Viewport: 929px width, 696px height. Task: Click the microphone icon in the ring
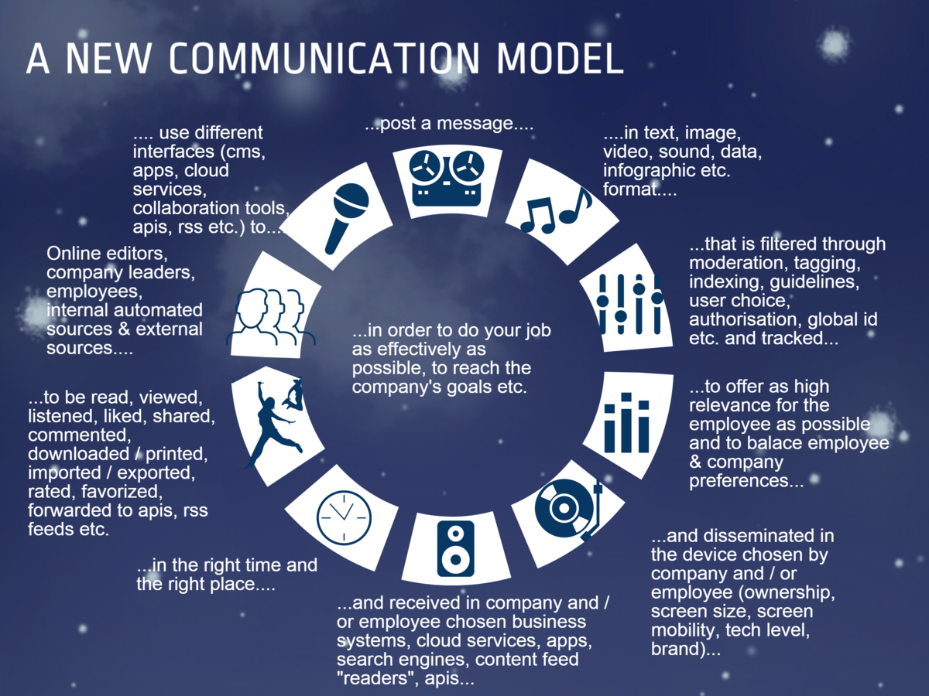coord(345,217)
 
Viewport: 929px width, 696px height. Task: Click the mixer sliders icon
coord(629,304)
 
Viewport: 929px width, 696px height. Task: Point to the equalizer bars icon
coord(627,421)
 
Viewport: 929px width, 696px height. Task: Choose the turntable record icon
coord(569,510)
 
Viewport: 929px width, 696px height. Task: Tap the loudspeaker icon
coord(455,548)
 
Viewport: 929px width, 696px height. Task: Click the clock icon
coord(344,516)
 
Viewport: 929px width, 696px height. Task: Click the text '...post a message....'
coord(449,124)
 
